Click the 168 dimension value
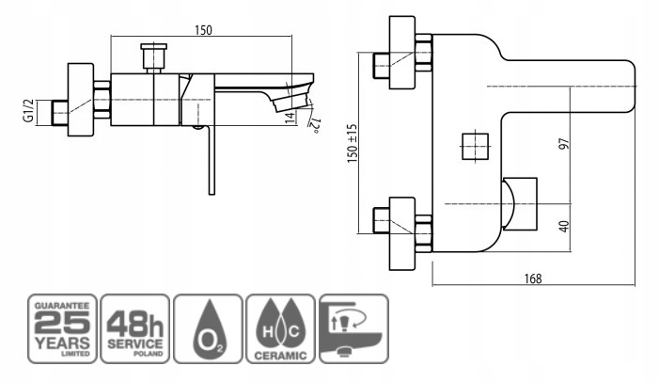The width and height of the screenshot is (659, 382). (x=533, y=279)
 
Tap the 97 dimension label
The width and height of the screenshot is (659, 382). (x=564, y=143)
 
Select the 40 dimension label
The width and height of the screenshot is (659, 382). (x=564, y=227)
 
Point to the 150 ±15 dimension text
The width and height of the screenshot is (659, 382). (x=353, y=143)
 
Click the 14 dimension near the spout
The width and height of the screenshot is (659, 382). (x=290, y=118)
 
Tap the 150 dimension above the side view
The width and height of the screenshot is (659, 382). (x=203, y=30)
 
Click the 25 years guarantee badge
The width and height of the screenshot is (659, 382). (x=62, y=329)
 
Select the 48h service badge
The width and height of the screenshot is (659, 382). (x=135, y=329)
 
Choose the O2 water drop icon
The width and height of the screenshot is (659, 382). (x=208, y=329)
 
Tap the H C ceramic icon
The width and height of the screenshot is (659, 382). (x=280, y=329)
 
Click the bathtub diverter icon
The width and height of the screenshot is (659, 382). (x=353, y=329)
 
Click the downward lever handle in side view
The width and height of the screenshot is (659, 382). (x=212, y=160)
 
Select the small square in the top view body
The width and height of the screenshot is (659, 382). (x=475, y=147)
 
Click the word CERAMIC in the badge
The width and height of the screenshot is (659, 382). (x=280, y=356)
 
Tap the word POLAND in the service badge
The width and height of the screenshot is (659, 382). (x=148, y=354)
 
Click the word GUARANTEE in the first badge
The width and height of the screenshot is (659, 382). (x=62, y=306)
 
